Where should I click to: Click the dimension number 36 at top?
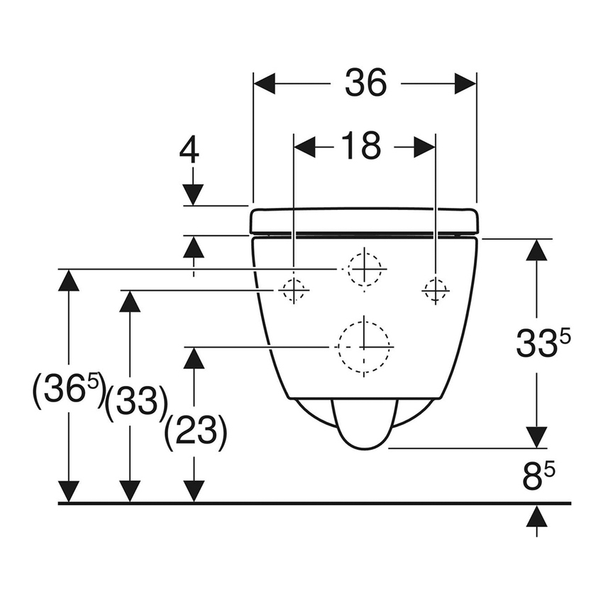(365, 83)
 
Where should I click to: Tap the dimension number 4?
(190, 151)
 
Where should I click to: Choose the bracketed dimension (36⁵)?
(68, 391)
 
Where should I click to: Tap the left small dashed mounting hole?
(292, 289)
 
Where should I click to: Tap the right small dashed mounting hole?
(435, 289)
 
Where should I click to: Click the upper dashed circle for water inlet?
(364, 270)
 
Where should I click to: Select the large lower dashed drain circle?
(364, 347)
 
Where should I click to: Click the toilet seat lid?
(364, 221)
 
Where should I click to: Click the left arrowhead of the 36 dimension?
(265, 83)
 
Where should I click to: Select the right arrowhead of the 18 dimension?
(424, 147)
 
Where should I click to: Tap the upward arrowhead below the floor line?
(537, 516)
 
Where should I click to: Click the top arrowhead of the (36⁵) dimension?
(68, 280)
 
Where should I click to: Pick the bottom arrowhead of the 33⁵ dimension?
(537, 437)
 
